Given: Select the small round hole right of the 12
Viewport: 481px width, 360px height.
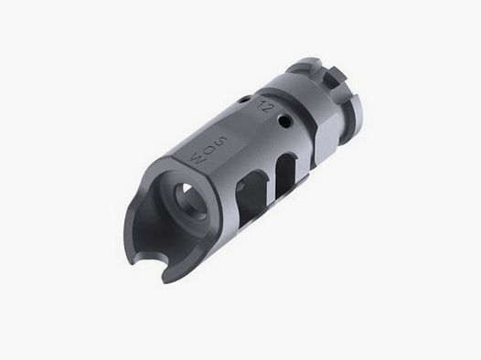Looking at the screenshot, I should pyautogui.click(x=285, y=119).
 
